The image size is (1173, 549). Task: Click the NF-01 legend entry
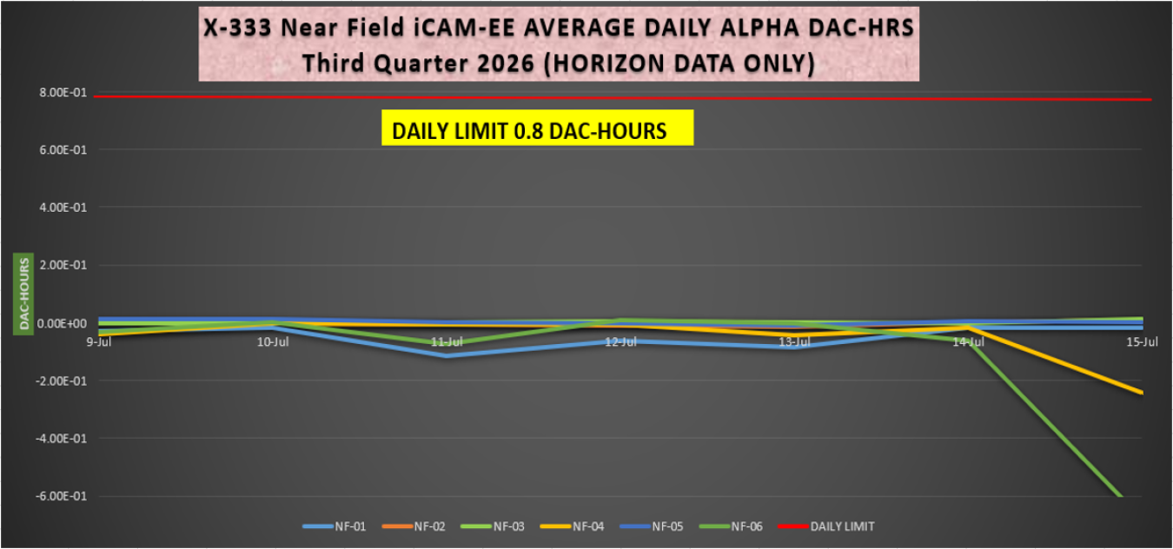tap(335, 526)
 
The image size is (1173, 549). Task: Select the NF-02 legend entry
tap(414, 526)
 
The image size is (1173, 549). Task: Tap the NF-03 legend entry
tap(493, 526)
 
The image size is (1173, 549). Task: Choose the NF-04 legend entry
tap(573, 526)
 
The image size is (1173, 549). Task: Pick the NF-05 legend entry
tap(652, 526)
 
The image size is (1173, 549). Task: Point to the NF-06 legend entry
tap(731, 526)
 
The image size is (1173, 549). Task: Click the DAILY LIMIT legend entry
tap(826, 526)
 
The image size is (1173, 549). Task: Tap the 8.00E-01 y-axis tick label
tap(63, 93)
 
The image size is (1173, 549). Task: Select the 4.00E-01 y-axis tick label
tap(63, 208)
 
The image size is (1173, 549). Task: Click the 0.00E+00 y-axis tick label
tap(62, 323)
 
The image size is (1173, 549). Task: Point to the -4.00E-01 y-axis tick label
tap(61, 439)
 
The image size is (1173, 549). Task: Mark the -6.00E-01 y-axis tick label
tap(61, 496)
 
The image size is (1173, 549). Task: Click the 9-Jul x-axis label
tap(98, 342)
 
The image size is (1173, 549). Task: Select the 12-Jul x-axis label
tap(621, 342)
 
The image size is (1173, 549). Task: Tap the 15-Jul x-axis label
tap(1143, 342)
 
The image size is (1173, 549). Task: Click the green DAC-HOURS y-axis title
tap(23, 294)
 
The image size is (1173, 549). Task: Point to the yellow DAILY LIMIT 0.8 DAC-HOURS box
tap(538, 128)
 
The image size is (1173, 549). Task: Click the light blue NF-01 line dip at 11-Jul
tap(447, 355)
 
